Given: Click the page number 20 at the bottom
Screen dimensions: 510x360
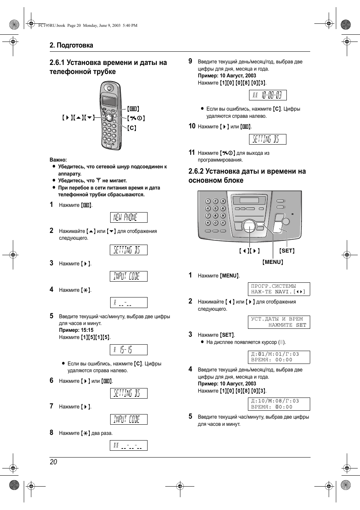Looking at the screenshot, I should pos(53,462).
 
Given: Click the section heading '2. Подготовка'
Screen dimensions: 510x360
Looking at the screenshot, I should pos(71,45).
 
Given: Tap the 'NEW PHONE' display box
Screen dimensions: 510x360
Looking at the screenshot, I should pos(129,217).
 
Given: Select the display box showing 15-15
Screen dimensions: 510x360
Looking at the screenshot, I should pos(129,350).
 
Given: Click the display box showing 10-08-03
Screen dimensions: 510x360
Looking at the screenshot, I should pos(268,95).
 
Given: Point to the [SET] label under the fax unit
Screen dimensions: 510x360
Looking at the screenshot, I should pos(287,251).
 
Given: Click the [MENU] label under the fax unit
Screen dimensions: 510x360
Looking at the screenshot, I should pos(272,262).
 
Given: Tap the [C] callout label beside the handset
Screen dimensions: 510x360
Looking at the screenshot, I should pos(132,128).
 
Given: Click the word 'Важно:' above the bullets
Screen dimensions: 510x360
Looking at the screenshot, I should pos(58,160).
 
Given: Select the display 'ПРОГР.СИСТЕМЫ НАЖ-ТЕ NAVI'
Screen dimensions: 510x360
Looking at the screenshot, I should pos(278,289).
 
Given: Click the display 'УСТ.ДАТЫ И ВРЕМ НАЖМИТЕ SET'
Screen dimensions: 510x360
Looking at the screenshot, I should pos(278,322).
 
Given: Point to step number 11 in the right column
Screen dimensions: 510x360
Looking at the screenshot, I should pos(192,153).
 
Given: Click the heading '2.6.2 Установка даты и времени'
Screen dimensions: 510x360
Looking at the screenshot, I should pos(247,176).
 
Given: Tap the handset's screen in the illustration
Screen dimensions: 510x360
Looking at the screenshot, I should pos(109,101).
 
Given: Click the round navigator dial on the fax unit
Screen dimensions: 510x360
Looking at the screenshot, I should pos(249,226).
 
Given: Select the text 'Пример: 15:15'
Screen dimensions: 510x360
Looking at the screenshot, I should pos(76,330).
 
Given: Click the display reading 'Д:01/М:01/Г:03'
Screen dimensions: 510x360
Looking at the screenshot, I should pos(278,357).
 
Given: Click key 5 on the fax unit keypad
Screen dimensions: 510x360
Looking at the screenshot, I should pos(215,208).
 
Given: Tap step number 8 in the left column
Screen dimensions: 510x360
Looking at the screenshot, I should pos(52,433).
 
